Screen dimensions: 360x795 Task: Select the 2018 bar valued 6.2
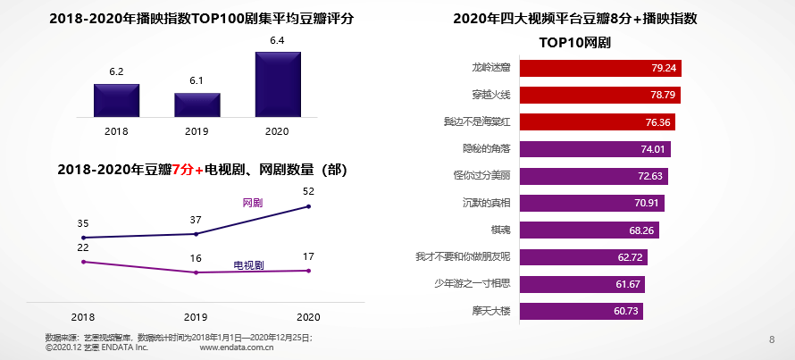(x=117, y=100)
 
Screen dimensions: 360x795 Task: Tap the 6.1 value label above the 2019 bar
(x=197, y=80)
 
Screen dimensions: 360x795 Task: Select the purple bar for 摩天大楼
(x=580, y=311)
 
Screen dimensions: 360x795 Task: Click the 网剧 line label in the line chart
(x=253, y=203)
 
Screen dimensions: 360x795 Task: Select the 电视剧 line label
(x=248, y=265)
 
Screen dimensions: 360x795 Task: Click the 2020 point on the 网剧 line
(x=309, y=206)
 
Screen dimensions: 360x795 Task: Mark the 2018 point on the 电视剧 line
(x=83, y=262)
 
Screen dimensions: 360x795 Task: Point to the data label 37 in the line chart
(x=196, y=220)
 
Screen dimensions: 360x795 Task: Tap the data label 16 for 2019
(x=196, y=258)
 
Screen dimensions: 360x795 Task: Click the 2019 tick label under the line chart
(x=196, y=317)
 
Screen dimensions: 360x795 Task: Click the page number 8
(x=772, y=339)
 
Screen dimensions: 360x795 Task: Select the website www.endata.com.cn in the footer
(x=236, y=347)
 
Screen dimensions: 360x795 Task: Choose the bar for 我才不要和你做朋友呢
(x=582, y=257)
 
